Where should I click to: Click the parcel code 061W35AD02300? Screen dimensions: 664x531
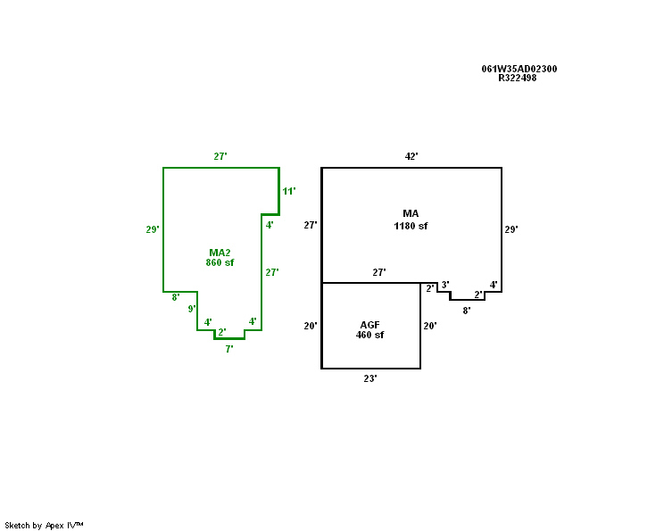[x=519, y=69]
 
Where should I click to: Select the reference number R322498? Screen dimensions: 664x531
[x=518, y=78]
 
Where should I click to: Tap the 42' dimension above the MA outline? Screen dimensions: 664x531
[x=411, y=156]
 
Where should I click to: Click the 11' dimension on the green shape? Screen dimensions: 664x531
[x=289, y=191]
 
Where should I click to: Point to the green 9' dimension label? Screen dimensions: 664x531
[x=192, y=309]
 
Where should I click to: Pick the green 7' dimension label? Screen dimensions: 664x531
[x=229, y=349]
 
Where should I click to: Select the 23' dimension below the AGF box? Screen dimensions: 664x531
[x=370, y=378]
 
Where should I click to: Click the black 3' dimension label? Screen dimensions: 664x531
[x=445, y=285]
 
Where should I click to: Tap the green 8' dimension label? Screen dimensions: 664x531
[x=176, y=297]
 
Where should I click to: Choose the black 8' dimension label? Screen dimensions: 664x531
[x=466, y=311]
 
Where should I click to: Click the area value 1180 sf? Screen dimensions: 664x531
[x=411, y=226]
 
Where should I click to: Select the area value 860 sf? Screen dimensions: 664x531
[x=220, y=262]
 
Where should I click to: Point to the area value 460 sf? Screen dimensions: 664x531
[x=369, y=335]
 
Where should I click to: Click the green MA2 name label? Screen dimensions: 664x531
[x=220, y=253]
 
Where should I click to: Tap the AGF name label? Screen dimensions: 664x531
[x=369, y=325]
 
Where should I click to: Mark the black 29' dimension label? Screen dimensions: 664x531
[x=511, y=229]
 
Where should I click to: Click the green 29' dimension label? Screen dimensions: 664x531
[x=153, y=229]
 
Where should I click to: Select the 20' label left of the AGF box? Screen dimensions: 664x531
[x=311, y=326]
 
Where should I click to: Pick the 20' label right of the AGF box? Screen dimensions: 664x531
[x=430, y=326]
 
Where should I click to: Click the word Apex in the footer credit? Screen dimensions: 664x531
[x=54, y=526]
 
